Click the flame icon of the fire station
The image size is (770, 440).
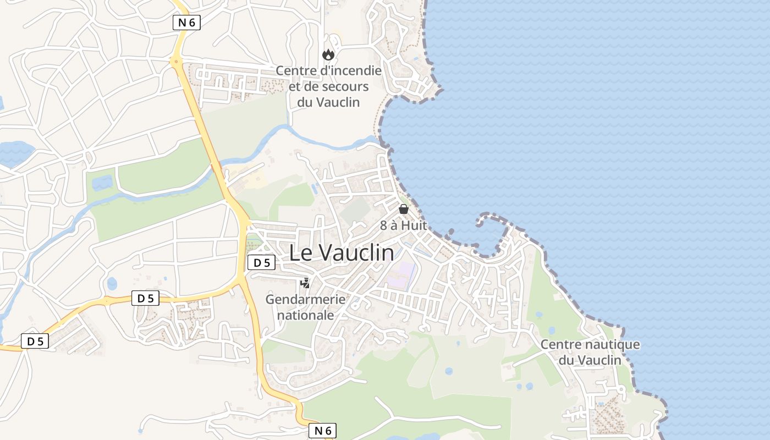328,54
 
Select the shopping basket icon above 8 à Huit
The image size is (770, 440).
404,209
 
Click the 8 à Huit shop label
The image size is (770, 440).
404,226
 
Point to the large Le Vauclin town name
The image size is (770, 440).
342,253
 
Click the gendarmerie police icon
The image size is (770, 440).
305,283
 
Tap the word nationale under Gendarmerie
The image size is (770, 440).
305,315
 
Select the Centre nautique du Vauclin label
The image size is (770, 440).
590,352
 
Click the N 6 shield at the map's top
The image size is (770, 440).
186,23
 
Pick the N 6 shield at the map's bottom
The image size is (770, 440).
322,431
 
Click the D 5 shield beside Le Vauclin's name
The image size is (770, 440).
261,263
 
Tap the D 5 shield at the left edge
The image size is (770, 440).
35,342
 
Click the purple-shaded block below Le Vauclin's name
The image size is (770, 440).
401,274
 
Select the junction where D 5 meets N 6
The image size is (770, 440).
241,282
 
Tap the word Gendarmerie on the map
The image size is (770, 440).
305,300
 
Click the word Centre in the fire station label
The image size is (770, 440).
296,70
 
